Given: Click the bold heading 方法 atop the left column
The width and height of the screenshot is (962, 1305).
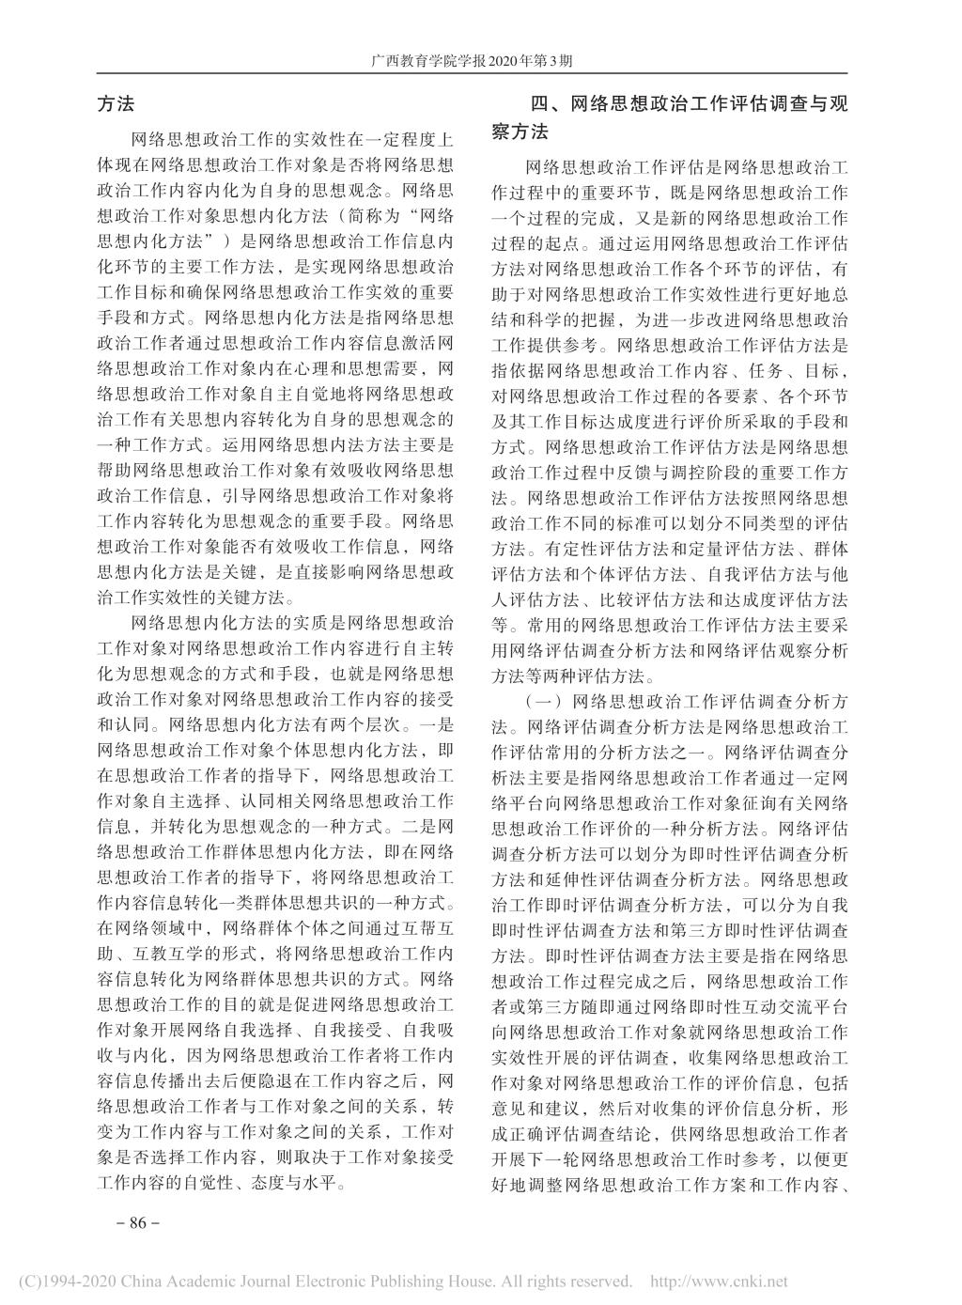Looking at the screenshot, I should (x=116, y=105).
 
